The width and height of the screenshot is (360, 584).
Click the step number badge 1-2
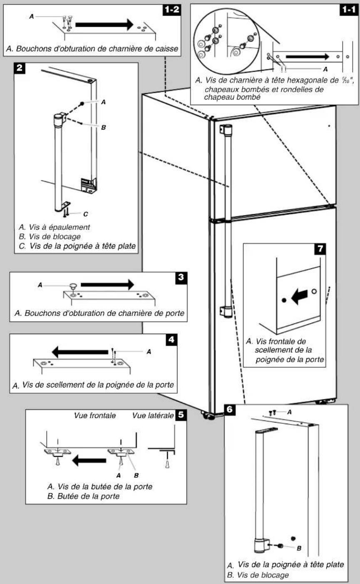(171, 10)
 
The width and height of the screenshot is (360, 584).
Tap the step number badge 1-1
(349, 10)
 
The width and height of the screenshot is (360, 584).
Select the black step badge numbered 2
(20, 68)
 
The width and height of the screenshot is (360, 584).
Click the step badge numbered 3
(181, 278)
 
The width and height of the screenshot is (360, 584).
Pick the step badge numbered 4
(171, 339)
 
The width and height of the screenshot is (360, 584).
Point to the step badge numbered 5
(181, 415)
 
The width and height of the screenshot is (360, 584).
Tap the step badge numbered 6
(229, 409)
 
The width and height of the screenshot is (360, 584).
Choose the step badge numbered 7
(320, 249)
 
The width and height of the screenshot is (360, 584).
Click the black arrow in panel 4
(80, 352)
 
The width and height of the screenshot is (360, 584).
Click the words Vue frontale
(95, 415)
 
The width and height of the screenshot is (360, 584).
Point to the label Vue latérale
(153, 415)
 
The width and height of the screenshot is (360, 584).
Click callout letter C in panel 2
(85, 214)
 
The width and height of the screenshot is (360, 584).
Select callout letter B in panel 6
(299, 548)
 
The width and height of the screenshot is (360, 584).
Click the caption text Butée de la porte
(89, 496)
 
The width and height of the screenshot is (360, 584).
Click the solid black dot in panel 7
(284, 300)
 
